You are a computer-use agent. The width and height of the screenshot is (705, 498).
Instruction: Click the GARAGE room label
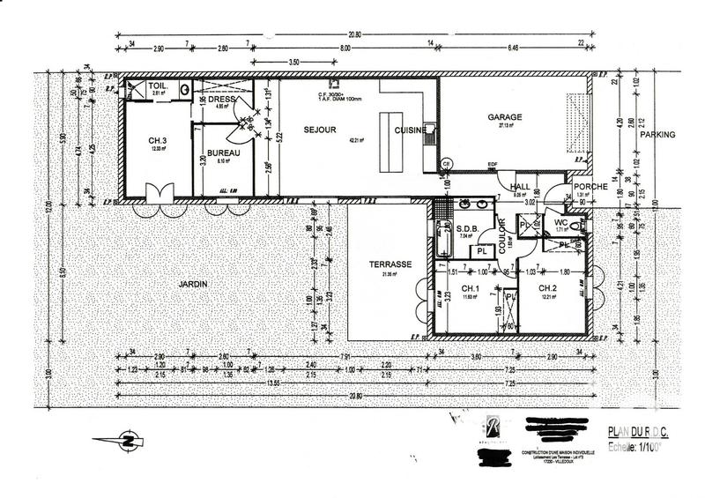(505, 116)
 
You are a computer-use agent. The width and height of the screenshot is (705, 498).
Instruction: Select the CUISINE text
(411, 130)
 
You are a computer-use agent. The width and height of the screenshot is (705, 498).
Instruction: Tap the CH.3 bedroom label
(159, 140)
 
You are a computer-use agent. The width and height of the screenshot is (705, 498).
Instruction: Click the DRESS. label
(221, 100)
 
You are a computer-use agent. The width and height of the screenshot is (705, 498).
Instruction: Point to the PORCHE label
(586, 187)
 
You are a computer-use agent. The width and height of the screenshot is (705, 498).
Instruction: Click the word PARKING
(657, 135)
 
